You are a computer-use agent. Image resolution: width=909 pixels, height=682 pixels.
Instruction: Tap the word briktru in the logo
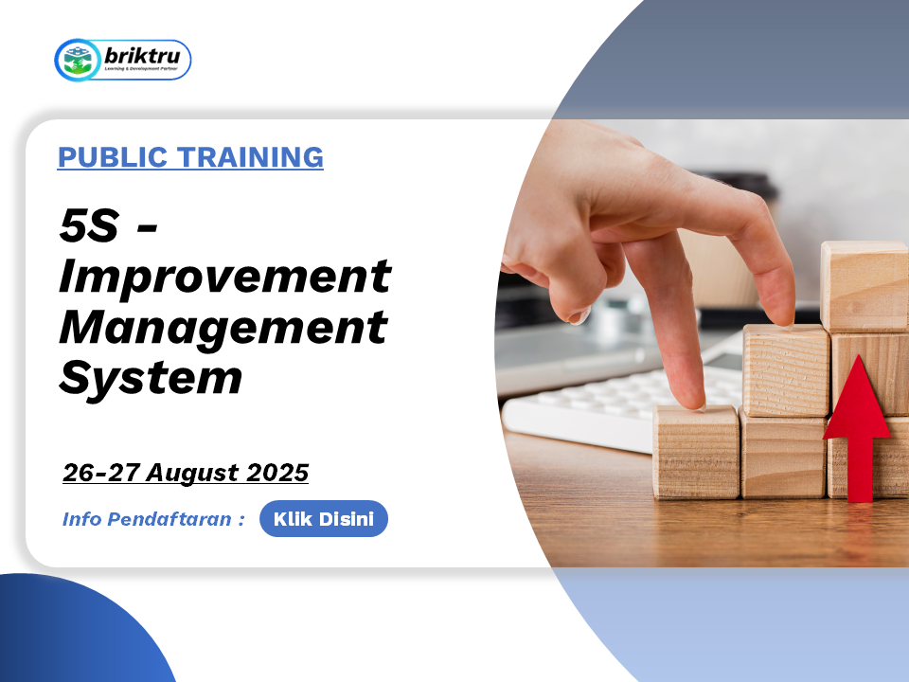click(142, 56)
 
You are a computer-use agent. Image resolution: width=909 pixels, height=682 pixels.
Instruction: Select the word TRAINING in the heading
click(250, 157)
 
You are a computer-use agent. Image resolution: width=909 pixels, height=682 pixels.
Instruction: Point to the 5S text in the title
click(89, 225)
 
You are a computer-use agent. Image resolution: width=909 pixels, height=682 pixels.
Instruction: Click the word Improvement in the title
click(225, 278)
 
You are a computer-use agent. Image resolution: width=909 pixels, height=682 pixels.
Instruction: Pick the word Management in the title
click(223, 329)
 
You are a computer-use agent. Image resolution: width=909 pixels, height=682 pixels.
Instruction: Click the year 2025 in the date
click(277, 473)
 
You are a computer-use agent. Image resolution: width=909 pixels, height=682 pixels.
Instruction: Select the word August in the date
click(192, 474)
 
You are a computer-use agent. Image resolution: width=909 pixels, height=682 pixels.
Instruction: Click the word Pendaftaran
click(169, 519)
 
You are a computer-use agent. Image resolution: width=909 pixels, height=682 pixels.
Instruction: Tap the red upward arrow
click(857, 428)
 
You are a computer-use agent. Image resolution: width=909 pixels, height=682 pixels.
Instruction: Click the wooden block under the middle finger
click(696, 452)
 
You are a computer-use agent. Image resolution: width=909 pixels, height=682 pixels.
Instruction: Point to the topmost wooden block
click(864, 286)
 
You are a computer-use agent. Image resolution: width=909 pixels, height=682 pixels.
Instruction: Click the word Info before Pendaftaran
click(82, 519)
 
